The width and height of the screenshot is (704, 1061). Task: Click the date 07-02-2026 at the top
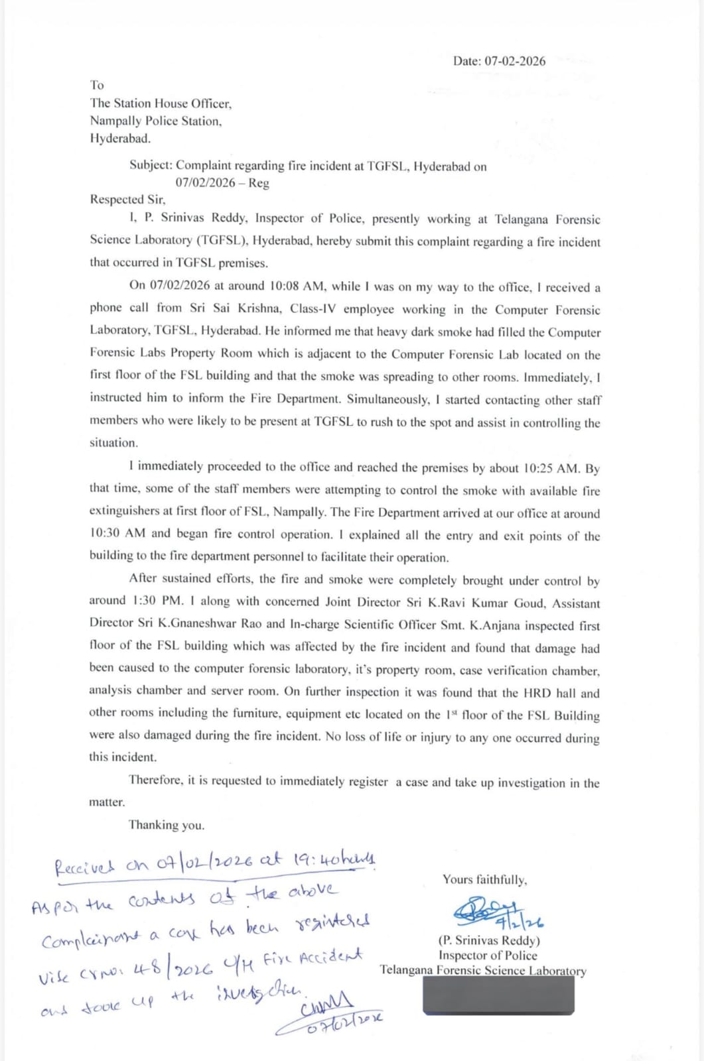point(515,61)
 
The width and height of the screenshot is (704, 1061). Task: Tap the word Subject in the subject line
point(150,165)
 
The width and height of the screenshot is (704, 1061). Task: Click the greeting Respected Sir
point(127,199)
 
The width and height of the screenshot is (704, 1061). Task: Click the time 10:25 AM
point(551,468)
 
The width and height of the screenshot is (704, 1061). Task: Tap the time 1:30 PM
point(158,601)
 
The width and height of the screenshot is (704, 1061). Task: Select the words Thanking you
point(167,825)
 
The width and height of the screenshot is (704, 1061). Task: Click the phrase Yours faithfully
point(485,880)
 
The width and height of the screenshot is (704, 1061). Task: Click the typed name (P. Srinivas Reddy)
point(489,940)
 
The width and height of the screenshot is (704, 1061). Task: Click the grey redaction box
point(498,995)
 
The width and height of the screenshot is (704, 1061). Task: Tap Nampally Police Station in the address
point(156,121)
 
